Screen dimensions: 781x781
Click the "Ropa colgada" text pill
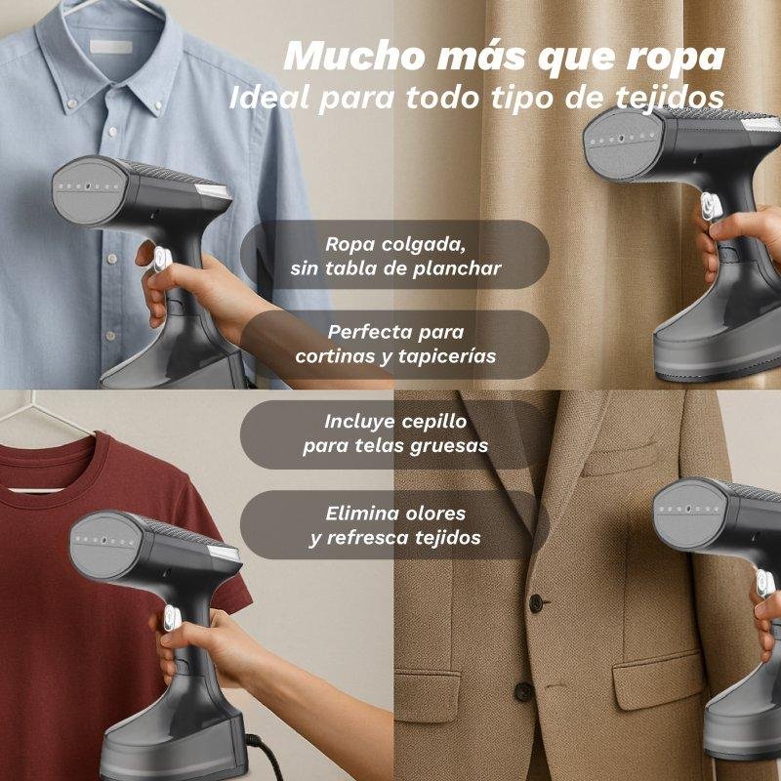point(395,255)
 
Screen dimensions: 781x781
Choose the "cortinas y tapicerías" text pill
point(395,345)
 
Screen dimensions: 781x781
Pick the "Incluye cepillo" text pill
point(395,434)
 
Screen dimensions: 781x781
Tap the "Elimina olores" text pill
point(395,525)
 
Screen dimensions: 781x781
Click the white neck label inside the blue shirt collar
point(111,47)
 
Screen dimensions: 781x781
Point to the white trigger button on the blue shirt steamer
point(163,259)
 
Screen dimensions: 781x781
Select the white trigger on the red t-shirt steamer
point(173,618)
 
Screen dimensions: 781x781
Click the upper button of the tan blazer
point(536,603)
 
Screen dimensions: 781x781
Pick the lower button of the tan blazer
point(524,692)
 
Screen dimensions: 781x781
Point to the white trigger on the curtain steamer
point(712,206)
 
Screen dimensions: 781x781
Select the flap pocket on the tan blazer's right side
point(658,679)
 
